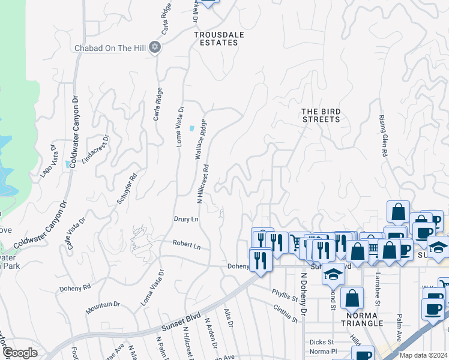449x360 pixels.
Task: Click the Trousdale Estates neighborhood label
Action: (219, 39)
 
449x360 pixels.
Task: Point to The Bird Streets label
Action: (321, 115)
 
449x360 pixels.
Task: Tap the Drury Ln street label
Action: (186, 220)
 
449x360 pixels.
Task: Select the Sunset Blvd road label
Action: (181, 325)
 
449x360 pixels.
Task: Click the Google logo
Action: (20, 353)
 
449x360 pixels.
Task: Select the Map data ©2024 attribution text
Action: (424, 355)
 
